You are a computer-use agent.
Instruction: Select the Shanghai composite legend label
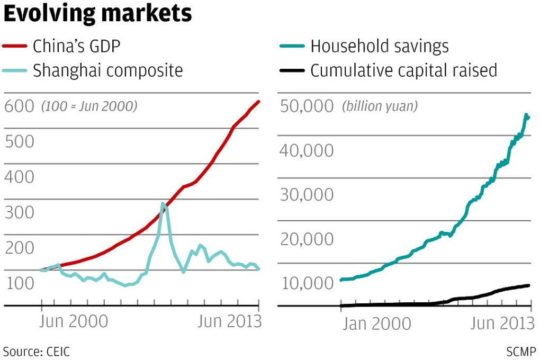pyautogui.click(x=107, y=70)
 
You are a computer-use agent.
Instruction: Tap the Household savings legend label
pyautogui.click(x=379, y=47)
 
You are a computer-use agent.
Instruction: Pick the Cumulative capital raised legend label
pyautogui.click(x=403, y=70)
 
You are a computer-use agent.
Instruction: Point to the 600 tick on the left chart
pyautogui.click(x=19, y=106)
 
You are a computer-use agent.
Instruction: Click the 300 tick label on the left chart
pyautogui.click(x=19, y=213)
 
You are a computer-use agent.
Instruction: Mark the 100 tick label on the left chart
pyautogui.click(x=19, y=284)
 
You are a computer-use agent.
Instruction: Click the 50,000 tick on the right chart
pyautogui.click(x=306, y=106)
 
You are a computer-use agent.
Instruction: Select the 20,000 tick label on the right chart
pyautogui.click(x=306, y=239)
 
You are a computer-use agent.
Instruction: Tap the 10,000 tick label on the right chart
pyautogui.click(x=306, y=284)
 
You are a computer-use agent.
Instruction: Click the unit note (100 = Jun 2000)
pyautogui.click(x=89, y=106)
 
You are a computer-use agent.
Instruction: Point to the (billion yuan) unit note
pyautogui.click(x=380, y=106)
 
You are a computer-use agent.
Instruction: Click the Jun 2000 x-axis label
pyautogui.click(x=74, y=322)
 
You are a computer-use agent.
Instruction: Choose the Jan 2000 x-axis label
pyautogui.click(x=376, y=324)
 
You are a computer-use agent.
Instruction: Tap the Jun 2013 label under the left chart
pyautogui.click(x=229, y=322)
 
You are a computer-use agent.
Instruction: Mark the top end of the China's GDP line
pyautogui.click(x=259, y=101)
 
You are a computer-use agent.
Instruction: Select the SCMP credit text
pyautogui.click(x=521, y=351)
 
